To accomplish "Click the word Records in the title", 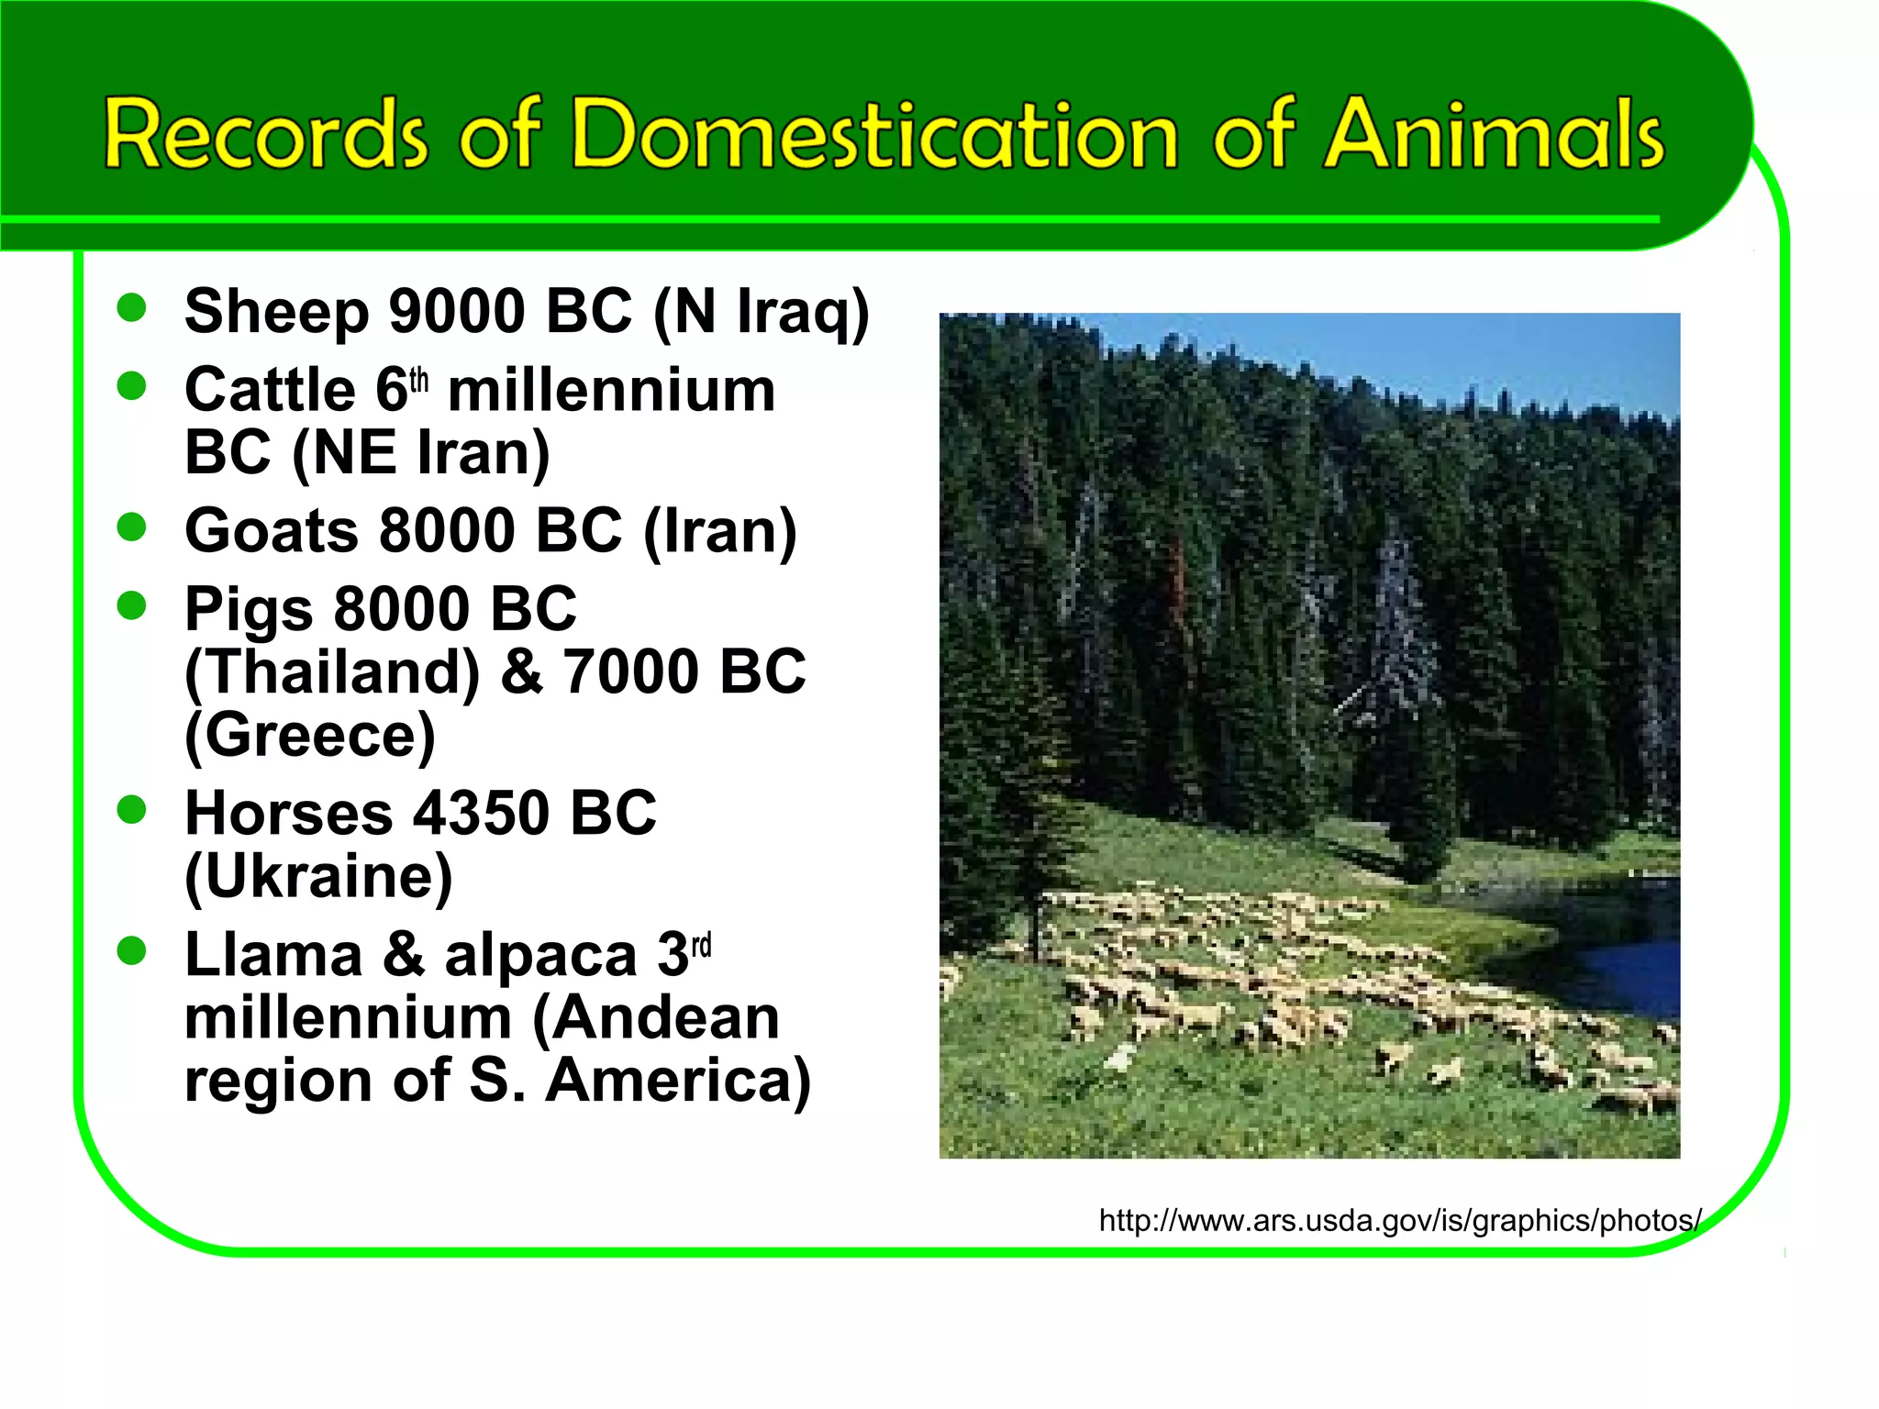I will [265, 135].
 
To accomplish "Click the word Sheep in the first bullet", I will [275, 312].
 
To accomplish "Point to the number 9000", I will [456, 312].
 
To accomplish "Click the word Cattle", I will [270, 390].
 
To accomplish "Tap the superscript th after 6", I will [418, 381].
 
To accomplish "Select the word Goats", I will [272, 531].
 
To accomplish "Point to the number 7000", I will [631, 672].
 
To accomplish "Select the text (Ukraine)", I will [318, 877].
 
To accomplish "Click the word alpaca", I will [540, 957].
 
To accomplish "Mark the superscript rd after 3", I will [701, 946].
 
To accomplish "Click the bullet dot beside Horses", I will [132, 809].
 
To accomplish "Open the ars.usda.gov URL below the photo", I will [1400, 1221].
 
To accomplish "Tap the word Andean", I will [656, 1018].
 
